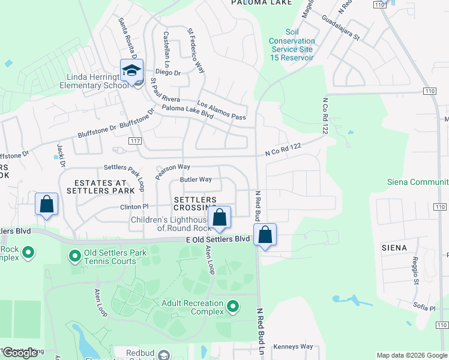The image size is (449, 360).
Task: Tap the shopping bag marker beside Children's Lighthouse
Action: [x=220, y=218]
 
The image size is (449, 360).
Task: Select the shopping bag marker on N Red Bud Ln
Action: [x=265, y=235]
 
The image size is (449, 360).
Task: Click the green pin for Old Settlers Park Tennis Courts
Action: [x=75, y=257]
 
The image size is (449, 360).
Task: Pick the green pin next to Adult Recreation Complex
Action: [x=232, y=308]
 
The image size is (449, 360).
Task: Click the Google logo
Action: [x=20, y=353]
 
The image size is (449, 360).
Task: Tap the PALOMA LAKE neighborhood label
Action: [x=262, y=3]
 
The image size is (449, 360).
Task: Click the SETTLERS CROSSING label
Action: [x=195, y=203]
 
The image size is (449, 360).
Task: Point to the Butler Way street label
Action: [x=196, y=179]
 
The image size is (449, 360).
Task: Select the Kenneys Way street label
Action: [x=293, y=347]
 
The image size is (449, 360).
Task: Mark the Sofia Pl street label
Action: [x=423, y=308]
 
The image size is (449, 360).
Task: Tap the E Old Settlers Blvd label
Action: [x=217, y=239]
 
